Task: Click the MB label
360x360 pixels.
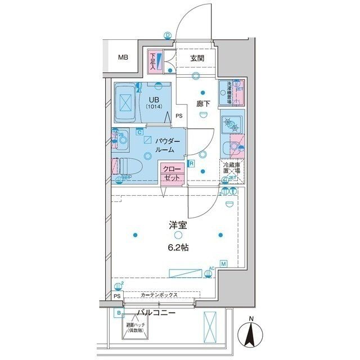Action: point(122,57)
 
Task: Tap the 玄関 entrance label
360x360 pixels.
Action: point(197,58)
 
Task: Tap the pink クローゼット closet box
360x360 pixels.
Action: point(172,173)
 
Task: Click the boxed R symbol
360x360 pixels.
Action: point(192,164)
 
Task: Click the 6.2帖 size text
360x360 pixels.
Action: point(178,247)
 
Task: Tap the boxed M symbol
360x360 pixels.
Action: point(223,263)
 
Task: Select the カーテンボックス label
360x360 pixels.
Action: point(160,295)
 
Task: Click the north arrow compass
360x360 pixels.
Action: point(251,334)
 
